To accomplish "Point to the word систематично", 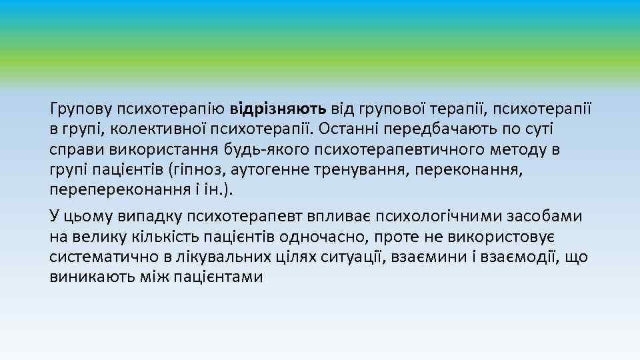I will [x=103, y=257].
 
